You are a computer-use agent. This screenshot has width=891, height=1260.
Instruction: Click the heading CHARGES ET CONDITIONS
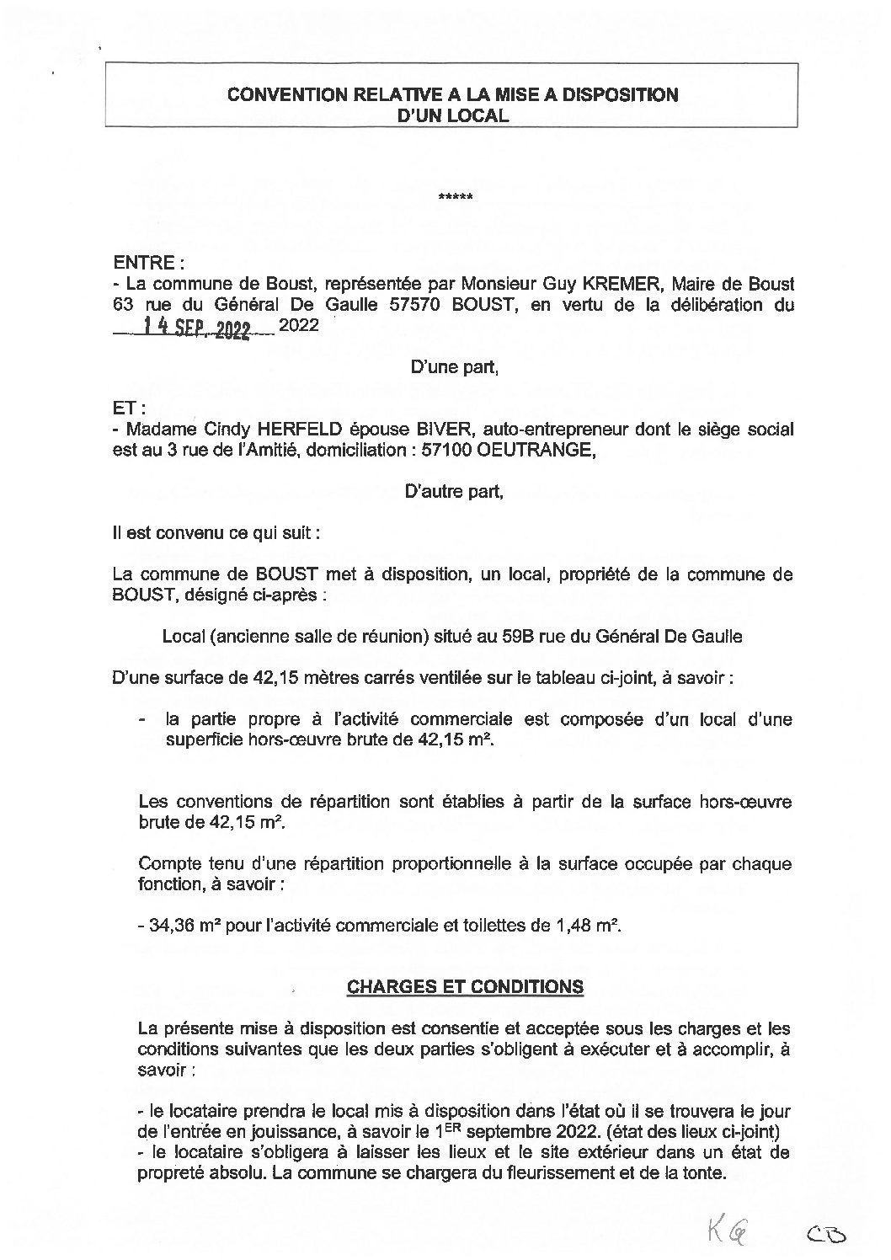tap(466, 986)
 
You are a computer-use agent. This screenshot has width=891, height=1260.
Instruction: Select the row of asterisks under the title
tap(456, 199)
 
